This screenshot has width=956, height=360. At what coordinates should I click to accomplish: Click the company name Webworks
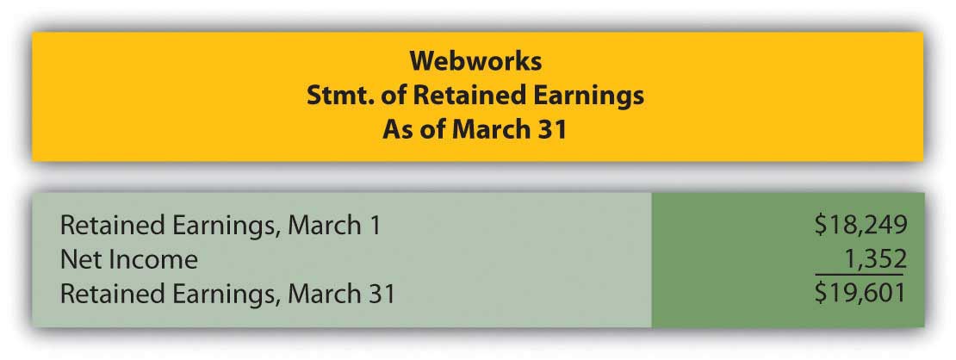(x=475, y=62)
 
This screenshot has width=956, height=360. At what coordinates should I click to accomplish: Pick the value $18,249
(x=861, y=225)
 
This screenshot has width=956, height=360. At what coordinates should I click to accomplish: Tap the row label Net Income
(x=128, y=260)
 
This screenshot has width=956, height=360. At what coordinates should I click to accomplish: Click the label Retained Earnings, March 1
(x=220, y=226)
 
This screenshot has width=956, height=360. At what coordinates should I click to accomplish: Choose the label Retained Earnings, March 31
(x=227, y=295)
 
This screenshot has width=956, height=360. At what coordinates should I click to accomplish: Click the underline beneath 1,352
(x=860, y=275)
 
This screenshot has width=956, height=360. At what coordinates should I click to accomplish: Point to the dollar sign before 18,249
(x=822, y=225)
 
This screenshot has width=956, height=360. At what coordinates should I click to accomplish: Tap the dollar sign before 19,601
(x=822, y=294)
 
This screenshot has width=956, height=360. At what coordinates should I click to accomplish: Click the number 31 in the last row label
(x=381, y=295)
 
